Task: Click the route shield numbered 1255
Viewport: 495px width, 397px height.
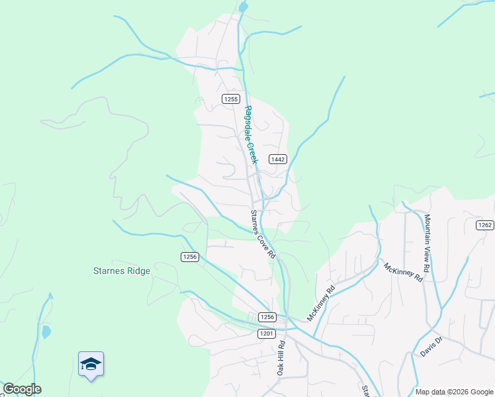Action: coord(230,99)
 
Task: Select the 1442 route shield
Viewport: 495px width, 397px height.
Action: coord(277,159)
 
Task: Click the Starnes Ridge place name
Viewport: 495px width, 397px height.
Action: coord(122,271)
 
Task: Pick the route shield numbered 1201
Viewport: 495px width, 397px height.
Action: coord(266,334)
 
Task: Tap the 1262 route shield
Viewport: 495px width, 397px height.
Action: coord(484,225)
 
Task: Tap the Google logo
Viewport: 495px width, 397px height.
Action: coord(22,389)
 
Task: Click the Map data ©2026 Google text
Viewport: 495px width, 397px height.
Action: coord(453,392)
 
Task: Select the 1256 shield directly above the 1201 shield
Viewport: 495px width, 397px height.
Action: coord(267,317)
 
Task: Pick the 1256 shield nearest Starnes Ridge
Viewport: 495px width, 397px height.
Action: coord(190,257)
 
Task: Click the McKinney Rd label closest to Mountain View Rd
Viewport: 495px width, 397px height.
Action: coord(403,272)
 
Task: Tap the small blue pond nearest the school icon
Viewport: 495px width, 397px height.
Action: coord(46,331)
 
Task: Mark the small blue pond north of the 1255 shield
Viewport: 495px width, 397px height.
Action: coord(244,7)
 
